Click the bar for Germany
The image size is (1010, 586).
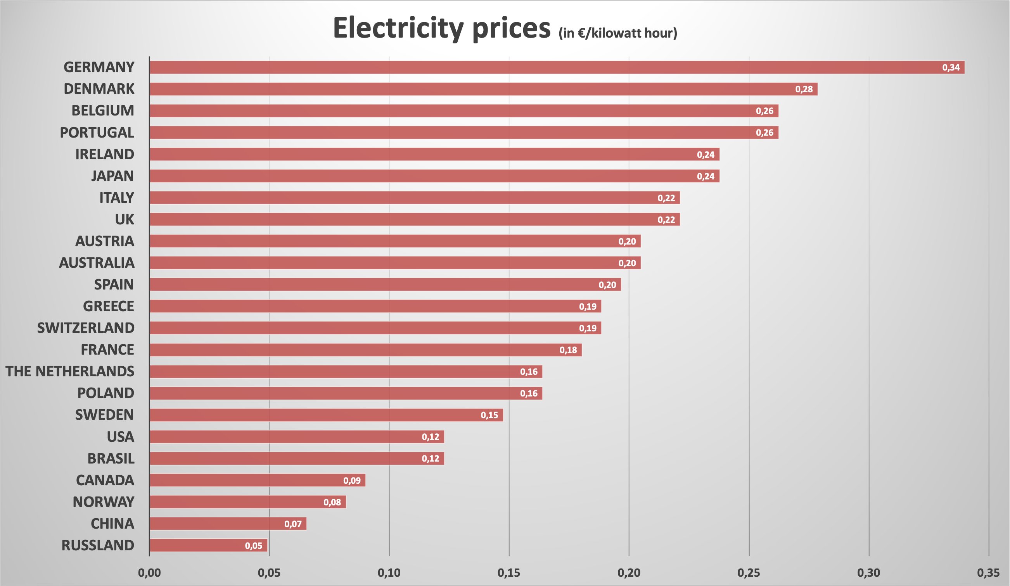557,67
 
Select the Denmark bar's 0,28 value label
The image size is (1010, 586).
804,89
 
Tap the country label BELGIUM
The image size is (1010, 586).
103,110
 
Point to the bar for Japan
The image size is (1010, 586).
434,176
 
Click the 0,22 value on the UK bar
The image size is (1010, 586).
666,219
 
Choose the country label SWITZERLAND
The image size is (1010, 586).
85,328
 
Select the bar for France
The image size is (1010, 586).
365,350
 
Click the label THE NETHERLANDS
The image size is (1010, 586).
70,371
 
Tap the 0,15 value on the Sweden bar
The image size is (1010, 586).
489,415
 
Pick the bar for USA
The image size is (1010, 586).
297,437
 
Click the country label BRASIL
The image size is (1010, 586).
111,458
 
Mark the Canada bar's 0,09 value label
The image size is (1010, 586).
351,480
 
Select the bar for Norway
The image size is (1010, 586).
247,502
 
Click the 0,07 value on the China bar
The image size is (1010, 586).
292,524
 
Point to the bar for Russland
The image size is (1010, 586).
208,545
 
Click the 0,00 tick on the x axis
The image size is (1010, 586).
149,573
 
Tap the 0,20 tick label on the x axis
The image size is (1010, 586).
628,573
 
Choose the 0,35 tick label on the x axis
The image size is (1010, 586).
988,573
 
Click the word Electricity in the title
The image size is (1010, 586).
398,28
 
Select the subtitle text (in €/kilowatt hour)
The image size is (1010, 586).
617,33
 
